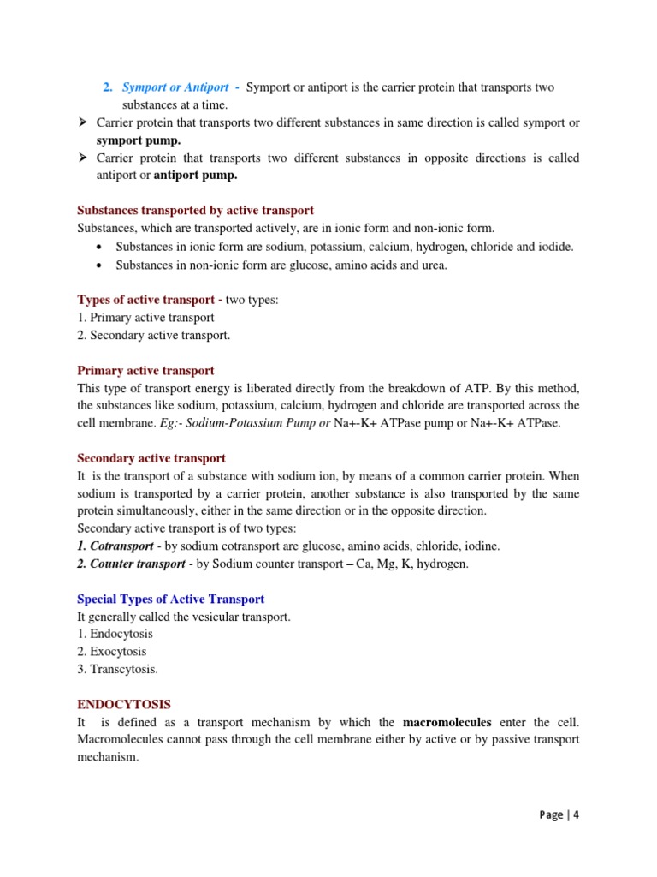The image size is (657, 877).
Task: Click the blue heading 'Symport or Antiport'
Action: click(175, 87)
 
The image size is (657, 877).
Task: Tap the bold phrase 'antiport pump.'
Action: click(195, 175)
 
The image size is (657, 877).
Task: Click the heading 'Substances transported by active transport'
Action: click(195, 210)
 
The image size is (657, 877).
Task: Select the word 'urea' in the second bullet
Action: click(434, 265)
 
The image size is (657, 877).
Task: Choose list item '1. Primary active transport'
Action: click(145, 317)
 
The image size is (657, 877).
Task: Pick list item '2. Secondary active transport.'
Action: click(154, 335)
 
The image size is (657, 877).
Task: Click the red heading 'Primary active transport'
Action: click(145, 371)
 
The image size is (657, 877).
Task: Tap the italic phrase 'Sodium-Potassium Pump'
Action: click(256, 423)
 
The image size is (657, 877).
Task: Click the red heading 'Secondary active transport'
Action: click(151, 458)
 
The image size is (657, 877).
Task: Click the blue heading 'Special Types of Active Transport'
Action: click(171, 599)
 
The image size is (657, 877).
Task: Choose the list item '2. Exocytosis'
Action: click(111, 652)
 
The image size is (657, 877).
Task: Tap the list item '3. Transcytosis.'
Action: click(117, 670)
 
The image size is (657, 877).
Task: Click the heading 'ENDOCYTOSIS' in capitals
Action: click(124, 704)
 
